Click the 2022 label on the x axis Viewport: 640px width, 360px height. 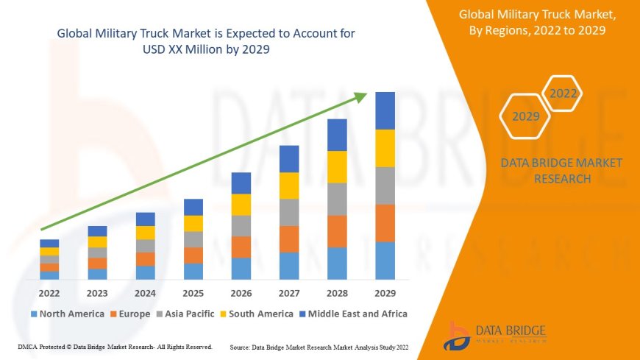49,292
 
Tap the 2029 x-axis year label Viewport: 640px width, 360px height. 385,292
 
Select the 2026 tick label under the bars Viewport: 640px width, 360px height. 241,292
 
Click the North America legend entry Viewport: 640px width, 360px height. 67,314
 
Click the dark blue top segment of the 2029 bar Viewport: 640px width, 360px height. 385,110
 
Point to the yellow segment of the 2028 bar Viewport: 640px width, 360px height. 337,166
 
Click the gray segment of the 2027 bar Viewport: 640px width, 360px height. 289,212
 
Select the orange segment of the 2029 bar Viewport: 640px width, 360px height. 385,223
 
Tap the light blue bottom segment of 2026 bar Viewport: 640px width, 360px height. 241,268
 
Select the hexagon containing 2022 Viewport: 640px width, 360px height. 563,93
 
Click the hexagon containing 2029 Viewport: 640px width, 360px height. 526,116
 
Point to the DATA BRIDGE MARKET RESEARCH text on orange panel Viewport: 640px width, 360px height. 561,171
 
